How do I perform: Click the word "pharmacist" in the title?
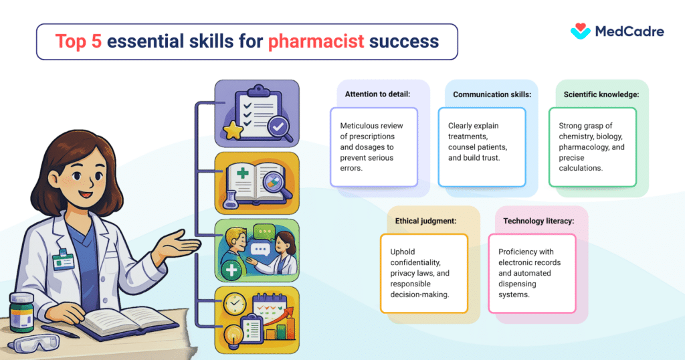tap(316, 41)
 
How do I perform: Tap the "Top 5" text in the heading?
tap(78, 41)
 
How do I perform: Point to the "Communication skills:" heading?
tap(492, 94)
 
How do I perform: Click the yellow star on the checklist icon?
tap(234, 131)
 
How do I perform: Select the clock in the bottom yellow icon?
tap(235, 305)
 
